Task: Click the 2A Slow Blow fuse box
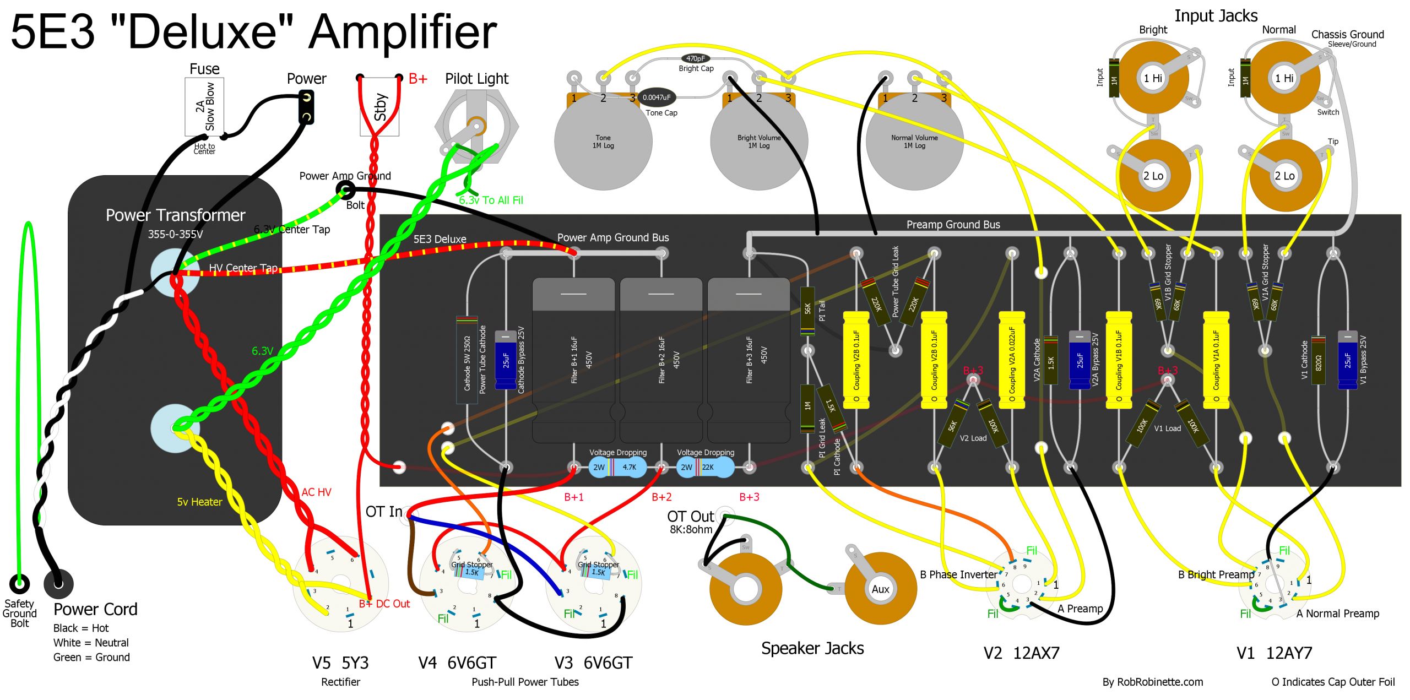204,106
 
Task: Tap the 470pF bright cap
696,58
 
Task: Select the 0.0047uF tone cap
657,97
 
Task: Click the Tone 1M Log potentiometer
603,142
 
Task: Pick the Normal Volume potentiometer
914,142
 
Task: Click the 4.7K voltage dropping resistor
617,467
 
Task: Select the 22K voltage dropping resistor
705,467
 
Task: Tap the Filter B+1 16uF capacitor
573,359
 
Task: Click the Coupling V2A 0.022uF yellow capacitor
1012,360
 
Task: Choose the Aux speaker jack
880,589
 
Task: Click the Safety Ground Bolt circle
19,583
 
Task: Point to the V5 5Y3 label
340,663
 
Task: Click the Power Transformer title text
175,215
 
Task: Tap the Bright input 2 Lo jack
1153,176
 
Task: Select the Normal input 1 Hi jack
1284,78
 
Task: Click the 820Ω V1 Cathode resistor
1318,361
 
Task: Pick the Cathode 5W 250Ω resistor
467,360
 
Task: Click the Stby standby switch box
379,106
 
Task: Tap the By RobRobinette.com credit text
1152,682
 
